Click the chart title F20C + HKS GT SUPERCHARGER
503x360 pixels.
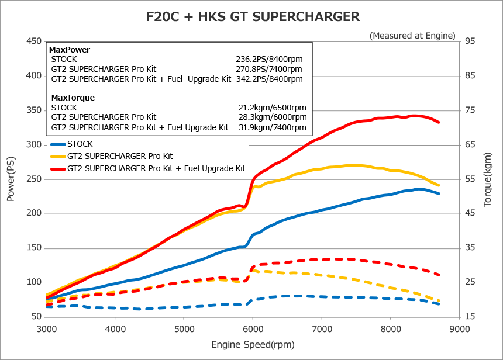click(253, 16)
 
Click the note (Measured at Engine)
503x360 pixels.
click(412, 36)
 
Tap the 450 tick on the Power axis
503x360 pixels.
click(33, 41)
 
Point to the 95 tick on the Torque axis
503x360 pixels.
click(470, 41)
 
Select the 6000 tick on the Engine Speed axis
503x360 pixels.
click(253, 328)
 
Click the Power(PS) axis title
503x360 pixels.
click(11, 179)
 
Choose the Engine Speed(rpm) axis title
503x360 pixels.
click(253, 344)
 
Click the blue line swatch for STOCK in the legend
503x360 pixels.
click(57, 144)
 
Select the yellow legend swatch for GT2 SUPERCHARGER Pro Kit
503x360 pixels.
click(57, 156)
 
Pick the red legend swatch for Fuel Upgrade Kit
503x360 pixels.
click(57, 168)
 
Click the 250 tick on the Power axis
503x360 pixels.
click(33, 179)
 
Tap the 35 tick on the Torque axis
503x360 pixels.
click(470, 248)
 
